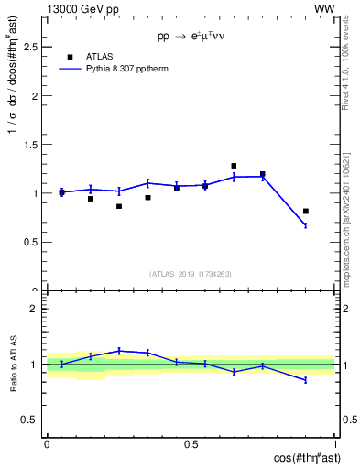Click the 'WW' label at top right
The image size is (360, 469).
coord(324,8)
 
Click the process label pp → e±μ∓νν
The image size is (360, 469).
coord(191,38)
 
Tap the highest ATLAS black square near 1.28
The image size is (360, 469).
coord(234,166)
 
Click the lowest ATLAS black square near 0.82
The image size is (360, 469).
coord(306,211)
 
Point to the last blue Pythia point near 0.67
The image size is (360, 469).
coord(306,225)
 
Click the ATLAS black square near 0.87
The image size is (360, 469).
coord(119,206)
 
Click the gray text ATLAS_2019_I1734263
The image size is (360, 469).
coord(191,273)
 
